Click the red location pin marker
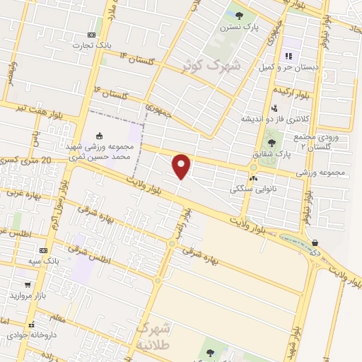(x=182, y=167)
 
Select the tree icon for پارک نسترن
(x=239, y=15)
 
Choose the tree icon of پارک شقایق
(x=271, y=142)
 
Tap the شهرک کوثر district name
(x=211, y=66)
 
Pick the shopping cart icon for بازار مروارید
(x=28, y=284)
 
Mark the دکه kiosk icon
(x=313, y=242)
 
